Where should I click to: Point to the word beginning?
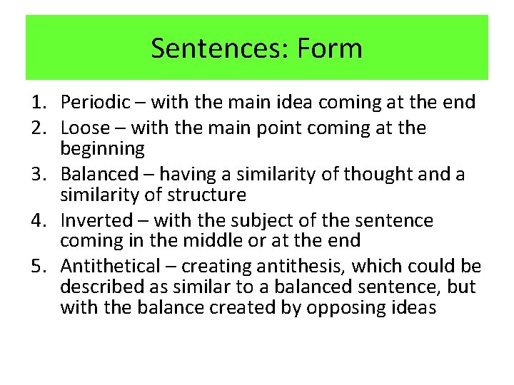point(103,149)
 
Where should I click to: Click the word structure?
point(211,194)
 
